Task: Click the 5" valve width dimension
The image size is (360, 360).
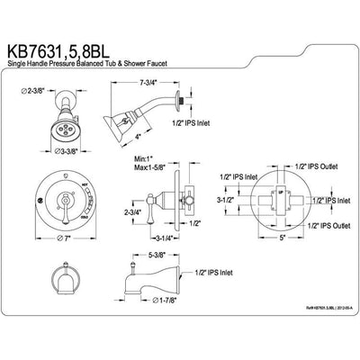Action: click(x=256, y=238)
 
